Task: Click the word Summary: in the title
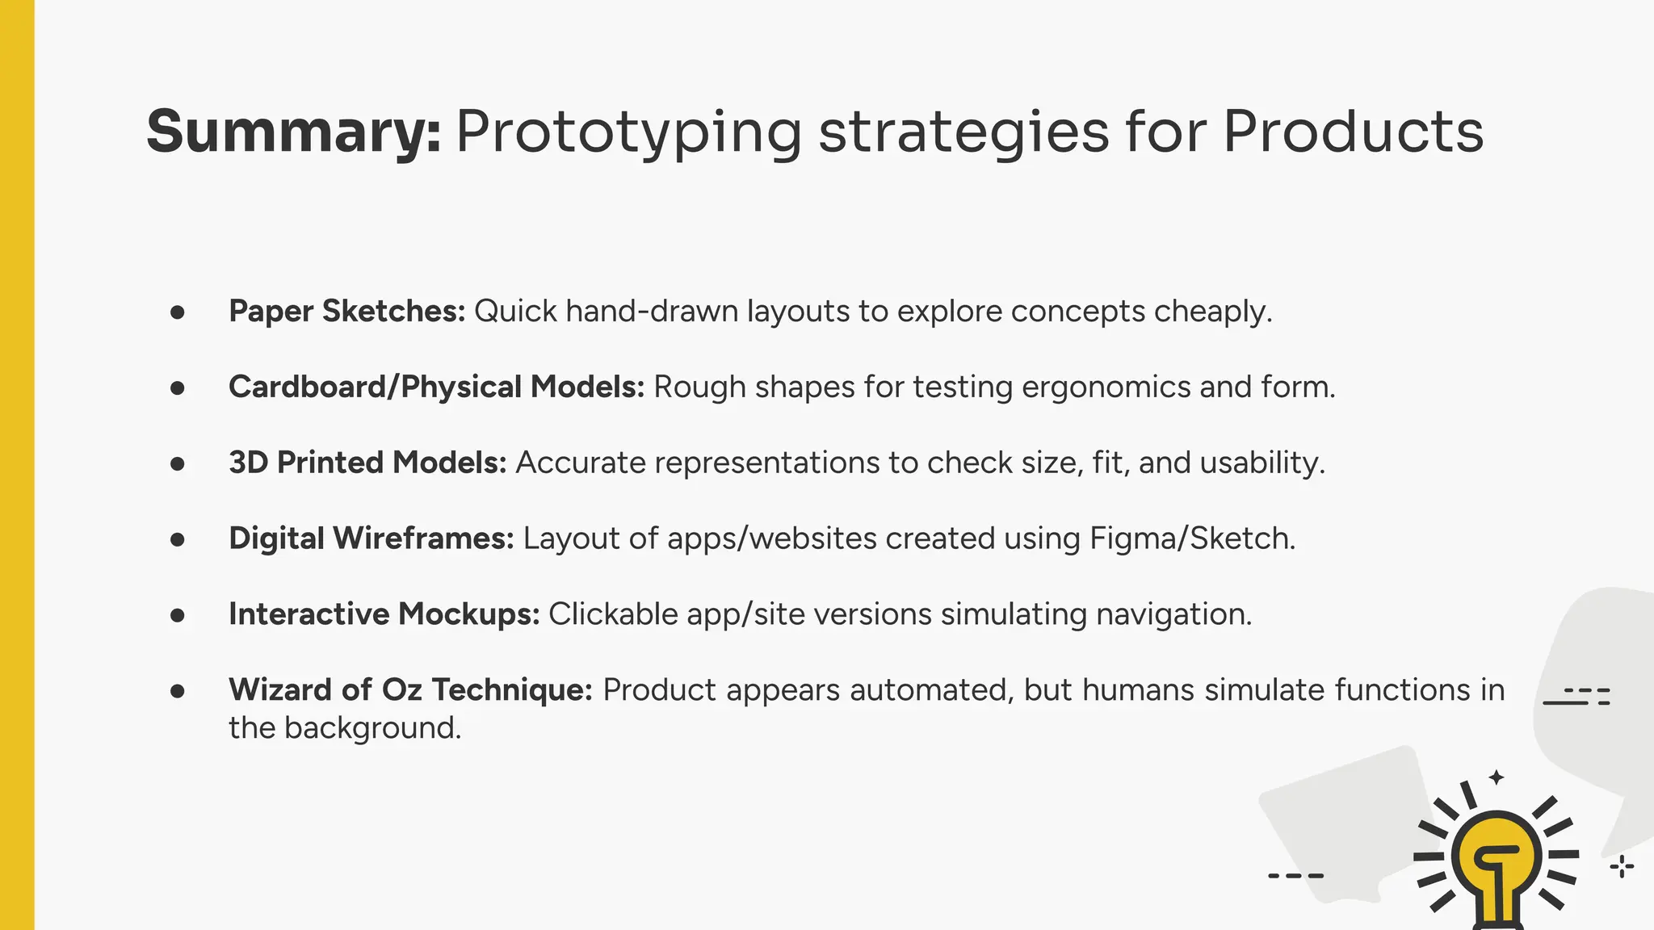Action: tap(293, 132)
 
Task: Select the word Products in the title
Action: tap(1353, 132)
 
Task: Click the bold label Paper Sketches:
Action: tap(346, 312)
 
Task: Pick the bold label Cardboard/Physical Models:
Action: tap(436, 387)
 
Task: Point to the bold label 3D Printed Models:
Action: tap(367, 463)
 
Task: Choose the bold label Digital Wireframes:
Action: tap(371, 538)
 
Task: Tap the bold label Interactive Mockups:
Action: tap(384, 614)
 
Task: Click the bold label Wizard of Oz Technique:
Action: tap(410, 690)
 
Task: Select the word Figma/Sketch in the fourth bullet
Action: tap(1191, 538)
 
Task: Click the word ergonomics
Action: tap(1106, 387)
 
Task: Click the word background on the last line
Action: tap(372, 728)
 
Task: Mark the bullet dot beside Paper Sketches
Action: tap(178, 312)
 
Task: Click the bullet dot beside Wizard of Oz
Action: tap(178, 691)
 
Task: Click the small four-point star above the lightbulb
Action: tap(1497, 777)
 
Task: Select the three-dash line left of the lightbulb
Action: tap(1295, 875)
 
